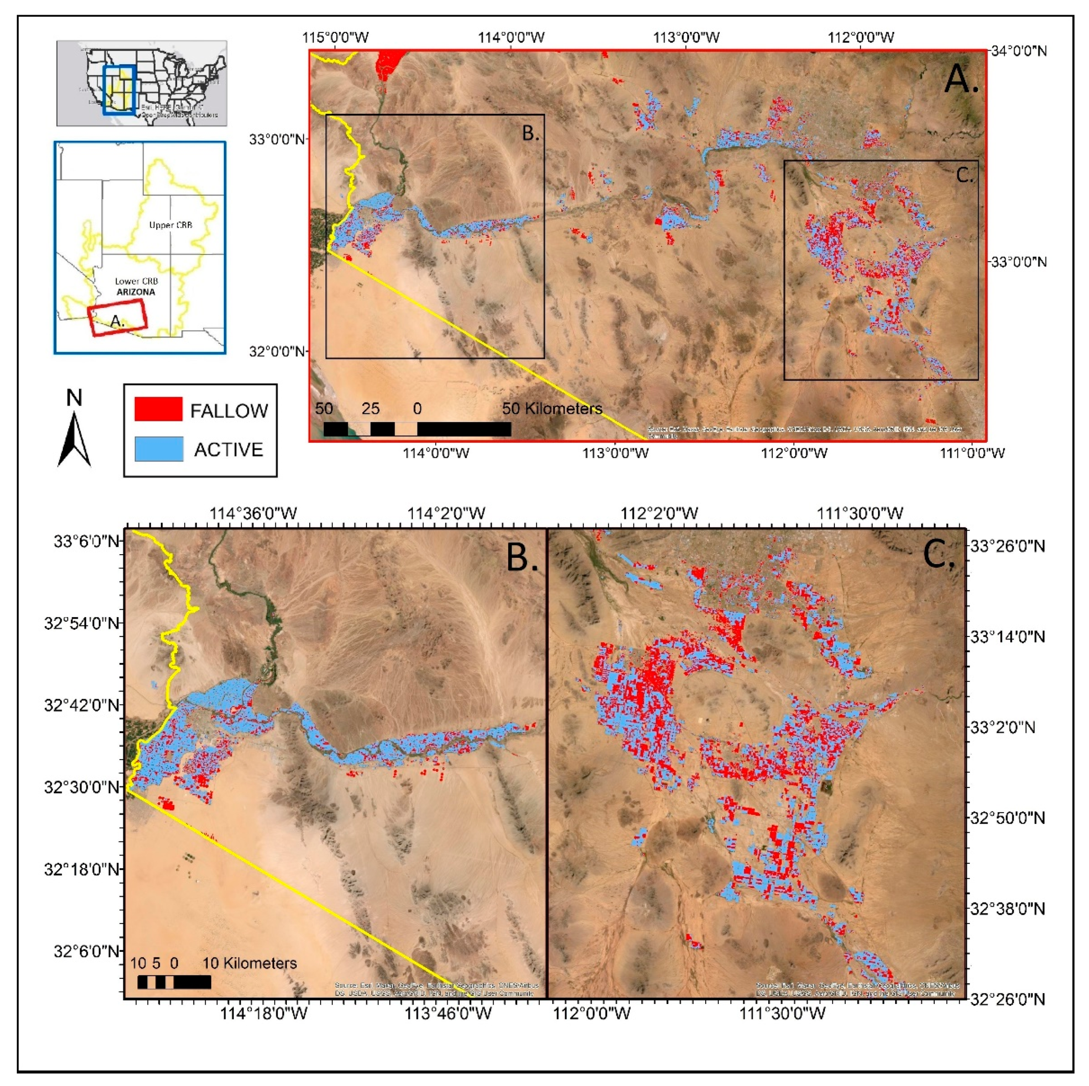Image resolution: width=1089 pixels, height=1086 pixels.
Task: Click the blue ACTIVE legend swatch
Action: pos(158,449)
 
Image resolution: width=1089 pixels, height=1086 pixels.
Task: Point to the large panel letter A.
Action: pos(961,79)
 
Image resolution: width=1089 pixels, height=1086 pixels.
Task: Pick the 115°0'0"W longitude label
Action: pos(336,38)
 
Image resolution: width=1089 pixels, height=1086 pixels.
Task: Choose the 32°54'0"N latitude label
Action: pos(82,624)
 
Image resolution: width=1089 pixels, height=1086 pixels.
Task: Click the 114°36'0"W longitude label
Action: pos(253,514)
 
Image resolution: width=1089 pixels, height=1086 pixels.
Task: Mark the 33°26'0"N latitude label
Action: pos(1006,546)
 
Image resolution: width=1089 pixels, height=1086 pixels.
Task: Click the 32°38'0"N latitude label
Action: pos(1006,908)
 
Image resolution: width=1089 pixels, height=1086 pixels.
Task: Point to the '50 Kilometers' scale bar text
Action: pos(552,409)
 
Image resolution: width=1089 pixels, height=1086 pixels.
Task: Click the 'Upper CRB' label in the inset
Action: pos(170,225)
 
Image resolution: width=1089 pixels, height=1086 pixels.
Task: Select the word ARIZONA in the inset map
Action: pos(136,292)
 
